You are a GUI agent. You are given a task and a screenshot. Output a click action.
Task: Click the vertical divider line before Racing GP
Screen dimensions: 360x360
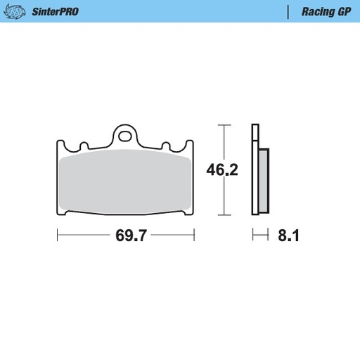(x=289, y=12)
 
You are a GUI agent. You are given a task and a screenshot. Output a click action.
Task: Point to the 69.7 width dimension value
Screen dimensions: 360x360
(x=131, y=236)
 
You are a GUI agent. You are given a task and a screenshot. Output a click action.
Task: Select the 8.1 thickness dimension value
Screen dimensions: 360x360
(x=288, y=236)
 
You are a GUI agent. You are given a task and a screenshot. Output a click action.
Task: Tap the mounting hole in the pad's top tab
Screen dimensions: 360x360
(x=125, y=134)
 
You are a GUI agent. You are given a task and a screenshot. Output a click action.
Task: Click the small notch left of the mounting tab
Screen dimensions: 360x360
(x=84, y=146)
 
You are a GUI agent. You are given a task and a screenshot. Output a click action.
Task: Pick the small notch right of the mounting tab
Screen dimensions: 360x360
(x=167, y=146)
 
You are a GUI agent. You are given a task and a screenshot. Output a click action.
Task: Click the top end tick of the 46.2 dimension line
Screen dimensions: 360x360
(x=224, y=125)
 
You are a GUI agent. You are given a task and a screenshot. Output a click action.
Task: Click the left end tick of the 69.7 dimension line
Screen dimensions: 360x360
(x=57, y=236)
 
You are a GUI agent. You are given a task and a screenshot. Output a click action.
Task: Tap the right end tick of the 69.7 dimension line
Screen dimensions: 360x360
(x=194, y=236)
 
